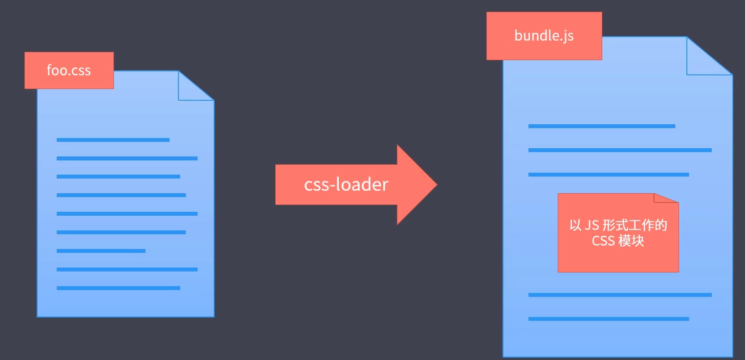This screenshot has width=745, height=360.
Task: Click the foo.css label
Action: pos(69,70)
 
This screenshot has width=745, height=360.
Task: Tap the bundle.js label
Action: pos(544,36)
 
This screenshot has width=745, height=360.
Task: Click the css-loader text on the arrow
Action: pos(346,184)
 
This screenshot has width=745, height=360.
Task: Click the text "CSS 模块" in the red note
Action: pos(618,241)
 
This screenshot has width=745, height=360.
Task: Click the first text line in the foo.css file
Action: pos(113,140)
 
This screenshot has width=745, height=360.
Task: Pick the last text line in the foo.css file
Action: pos(118,288)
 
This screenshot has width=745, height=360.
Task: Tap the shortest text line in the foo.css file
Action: pos(101,251)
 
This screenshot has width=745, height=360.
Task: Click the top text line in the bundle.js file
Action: pos(601,126)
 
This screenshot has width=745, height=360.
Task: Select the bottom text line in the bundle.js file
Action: pos(608,319)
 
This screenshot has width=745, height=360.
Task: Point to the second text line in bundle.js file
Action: pos(620,150)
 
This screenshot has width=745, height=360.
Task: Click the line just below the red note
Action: pos(620,295)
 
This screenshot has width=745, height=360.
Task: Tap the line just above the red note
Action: pos(608,175)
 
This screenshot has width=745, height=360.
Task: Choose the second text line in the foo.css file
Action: pos(127,158)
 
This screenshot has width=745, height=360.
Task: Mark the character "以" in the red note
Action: pos(575,225)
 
